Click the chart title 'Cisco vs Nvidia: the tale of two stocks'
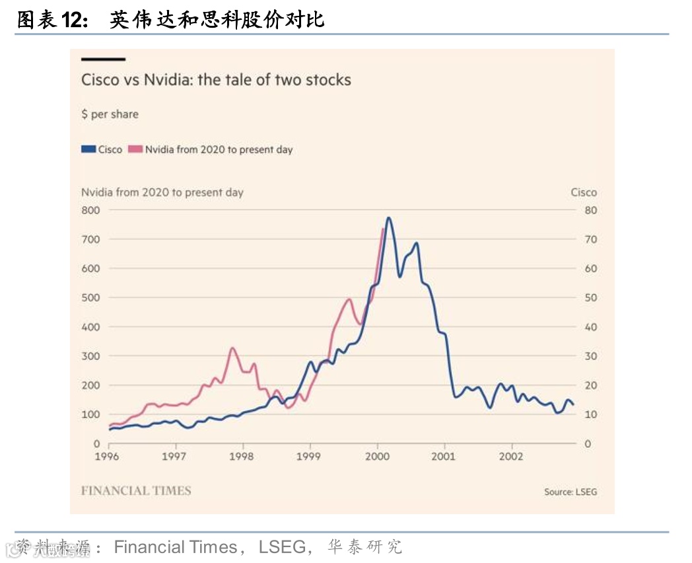[216, 81]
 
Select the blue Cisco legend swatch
[88, 149]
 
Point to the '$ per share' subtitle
[110, 114]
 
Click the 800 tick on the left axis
[90, 210]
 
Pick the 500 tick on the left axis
[90, 297]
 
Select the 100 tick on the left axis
[90, 414]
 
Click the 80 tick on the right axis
[590, 210]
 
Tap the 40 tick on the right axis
[590, 327]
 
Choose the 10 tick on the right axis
[590, 414]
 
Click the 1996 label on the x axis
[107, 457]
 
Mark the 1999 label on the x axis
[309, 457]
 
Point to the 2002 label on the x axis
[511, 457]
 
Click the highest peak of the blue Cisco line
[388, 217]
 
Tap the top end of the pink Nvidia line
[383, 229]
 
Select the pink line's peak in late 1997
[232, 348]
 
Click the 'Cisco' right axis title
[584, 192]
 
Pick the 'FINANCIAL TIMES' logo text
[136, 491]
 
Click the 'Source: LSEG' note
[570, 492]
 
